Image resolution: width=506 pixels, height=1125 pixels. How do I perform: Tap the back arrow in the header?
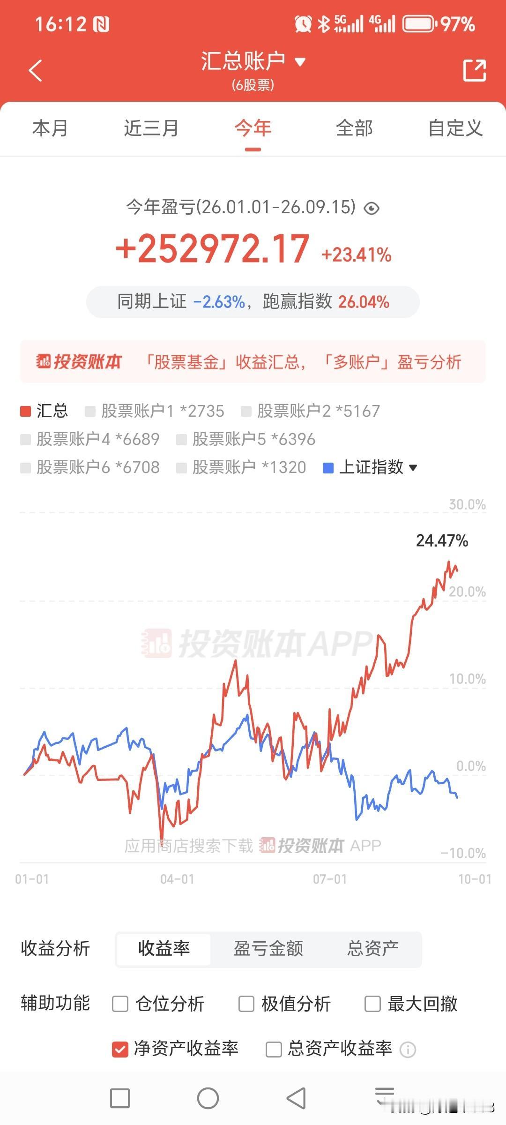(36, 70)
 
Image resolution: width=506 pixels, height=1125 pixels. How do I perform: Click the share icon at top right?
(474, 70)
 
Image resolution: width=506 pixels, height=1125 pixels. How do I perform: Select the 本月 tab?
(50, 128)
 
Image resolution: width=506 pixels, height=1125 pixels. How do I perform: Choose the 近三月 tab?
(151, 128)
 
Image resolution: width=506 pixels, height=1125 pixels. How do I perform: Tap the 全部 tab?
(354, 128)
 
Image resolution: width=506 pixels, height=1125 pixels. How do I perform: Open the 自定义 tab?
(455, 128)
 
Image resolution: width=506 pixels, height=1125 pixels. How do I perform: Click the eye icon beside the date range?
(372, 208)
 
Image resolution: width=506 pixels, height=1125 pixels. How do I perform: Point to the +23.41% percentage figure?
(356, 255)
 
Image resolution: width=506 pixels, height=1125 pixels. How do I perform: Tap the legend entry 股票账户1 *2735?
(155, 411)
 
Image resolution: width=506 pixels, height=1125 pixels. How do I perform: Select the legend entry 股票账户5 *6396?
(246, 439)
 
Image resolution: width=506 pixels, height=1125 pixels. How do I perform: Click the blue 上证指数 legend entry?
(370, 467)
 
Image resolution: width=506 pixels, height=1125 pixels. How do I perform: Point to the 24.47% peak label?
(442, 540)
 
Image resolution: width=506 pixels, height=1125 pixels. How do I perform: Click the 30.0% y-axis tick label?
(467, 504)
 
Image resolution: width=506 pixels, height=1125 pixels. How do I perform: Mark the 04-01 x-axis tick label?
(177, 879)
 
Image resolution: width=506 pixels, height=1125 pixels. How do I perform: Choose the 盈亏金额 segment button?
(268, 949)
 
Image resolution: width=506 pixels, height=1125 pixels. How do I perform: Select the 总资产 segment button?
(373, 949)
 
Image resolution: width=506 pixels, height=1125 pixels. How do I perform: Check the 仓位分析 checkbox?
(120, 1004)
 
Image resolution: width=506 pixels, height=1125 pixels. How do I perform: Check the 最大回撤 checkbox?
(372, 1004)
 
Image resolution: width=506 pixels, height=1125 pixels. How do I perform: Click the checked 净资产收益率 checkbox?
(120, 1049)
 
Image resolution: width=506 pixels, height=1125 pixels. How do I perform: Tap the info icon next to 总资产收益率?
(408, 1050)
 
